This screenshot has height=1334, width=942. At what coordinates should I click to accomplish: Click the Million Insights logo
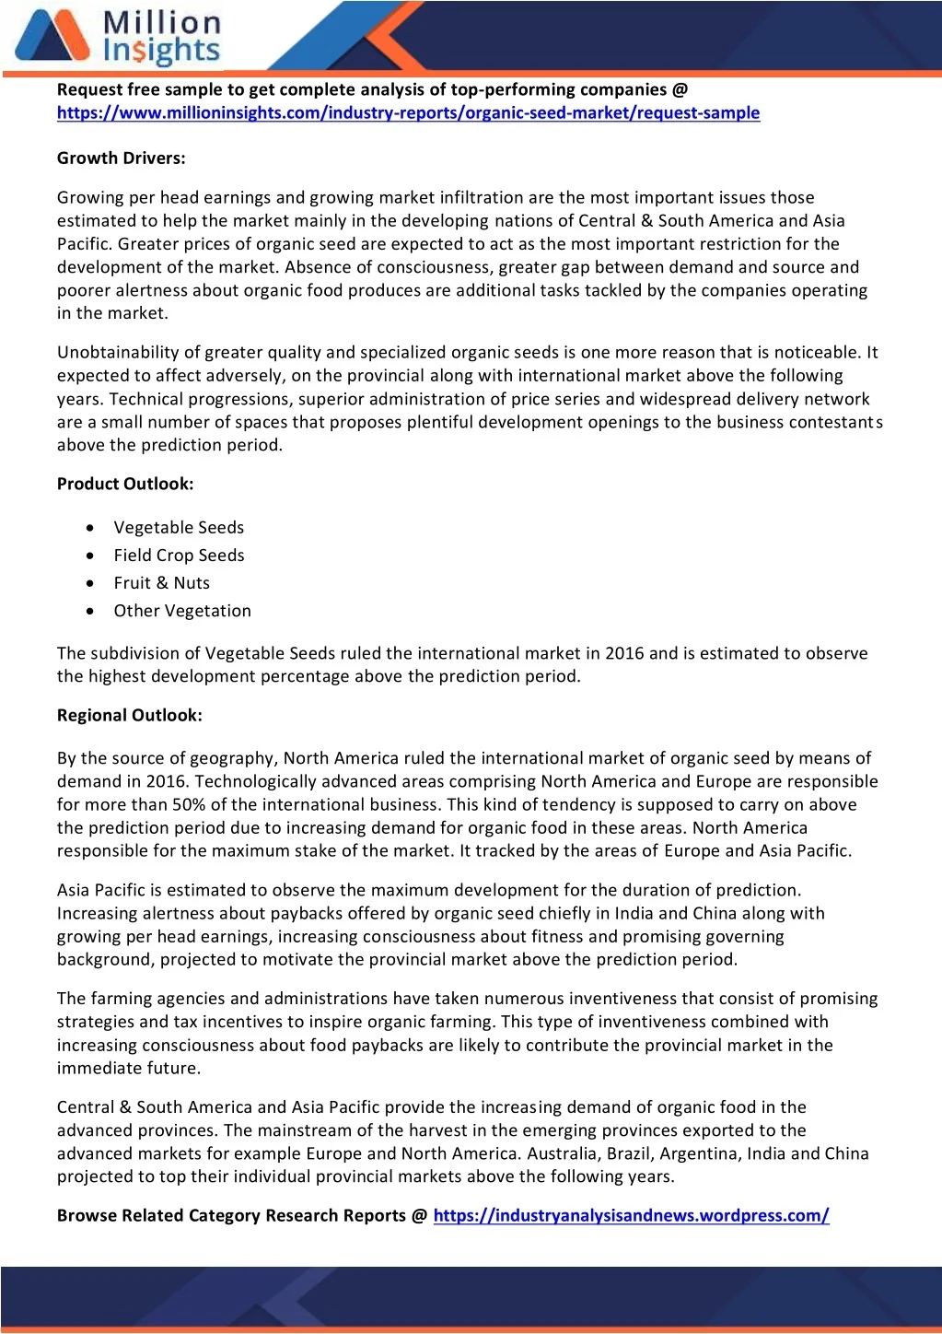click(118, 37)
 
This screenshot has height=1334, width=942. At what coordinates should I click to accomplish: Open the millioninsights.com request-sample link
click(408, 113)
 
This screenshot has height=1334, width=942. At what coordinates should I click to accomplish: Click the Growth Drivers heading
click(121, 158)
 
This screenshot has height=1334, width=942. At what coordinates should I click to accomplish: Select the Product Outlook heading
click(125, 485)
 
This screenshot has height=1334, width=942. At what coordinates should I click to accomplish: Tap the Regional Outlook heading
click(129, 716)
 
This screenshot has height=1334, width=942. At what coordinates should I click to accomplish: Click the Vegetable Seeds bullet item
click(179, 528)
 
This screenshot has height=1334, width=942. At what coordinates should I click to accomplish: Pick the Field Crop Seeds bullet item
click(179, 556)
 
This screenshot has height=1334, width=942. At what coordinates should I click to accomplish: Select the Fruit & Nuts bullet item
click(161, 583)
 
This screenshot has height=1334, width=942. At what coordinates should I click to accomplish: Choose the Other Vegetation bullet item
click(182, 611)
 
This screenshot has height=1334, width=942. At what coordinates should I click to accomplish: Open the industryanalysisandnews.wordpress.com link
click(631, 1216)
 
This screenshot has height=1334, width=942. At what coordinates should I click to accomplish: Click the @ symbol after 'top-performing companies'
click(680, 90)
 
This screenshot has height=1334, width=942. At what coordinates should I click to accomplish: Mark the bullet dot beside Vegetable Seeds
click(89, 528)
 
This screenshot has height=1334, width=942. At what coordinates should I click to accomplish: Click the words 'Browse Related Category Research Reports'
click(231, 1216)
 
